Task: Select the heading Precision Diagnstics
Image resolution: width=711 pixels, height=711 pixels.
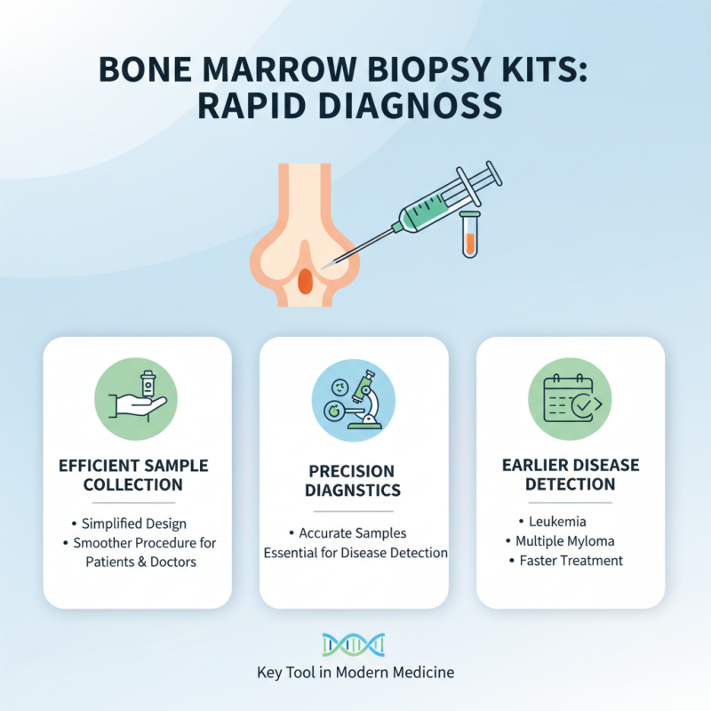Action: pyautogui.click(x=354, y=480)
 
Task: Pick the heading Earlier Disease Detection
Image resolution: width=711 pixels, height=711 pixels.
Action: pyautogui.click(x=571, y=475)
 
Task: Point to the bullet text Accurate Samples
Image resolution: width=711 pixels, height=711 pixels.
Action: pyautogui.click(x=352, y=533)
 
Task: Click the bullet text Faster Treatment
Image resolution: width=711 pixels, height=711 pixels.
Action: pyautogui.click(x=571, y=561)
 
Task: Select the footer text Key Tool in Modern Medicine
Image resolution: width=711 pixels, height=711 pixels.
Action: pyautogui.click(x=354, y=673)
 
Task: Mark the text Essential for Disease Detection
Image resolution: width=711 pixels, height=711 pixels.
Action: pyautogui.click(x=355, y=553)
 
